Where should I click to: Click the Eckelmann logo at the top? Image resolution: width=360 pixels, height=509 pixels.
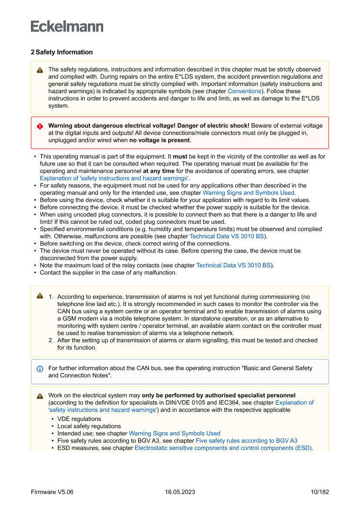(x=67, y=26)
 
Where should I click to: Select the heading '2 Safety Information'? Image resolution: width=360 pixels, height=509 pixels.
(x=61, y=52)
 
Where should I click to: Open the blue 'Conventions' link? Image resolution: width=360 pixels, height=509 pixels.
(x=244, y=91)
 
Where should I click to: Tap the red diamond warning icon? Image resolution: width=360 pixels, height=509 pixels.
(x=40, y=126)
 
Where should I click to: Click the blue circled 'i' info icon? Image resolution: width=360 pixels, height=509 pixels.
(x=40, y=369)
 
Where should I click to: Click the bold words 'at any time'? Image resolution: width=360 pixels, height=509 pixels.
(x=158, y=171)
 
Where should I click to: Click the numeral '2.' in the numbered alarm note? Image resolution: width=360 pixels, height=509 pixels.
(x=51, y=340)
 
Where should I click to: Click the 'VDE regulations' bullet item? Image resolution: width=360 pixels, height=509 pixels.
(x=79, y=419)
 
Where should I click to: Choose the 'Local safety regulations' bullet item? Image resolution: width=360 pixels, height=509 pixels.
(x=89, y=426)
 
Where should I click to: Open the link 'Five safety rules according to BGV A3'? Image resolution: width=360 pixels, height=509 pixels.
(x=246, y=441)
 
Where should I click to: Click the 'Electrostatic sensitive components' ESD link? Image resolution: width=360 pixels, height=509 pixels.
(x=223, y=448)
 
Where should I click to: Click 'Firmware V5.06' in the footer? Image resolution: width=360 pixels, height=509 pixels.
(x=52, y=492)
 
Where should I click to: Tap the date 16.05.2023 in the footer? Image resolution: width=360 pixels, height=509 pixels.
(x=180, y=492)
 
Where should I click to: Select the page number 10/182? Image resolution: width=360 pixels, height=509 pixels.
(x=320, y=492)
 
